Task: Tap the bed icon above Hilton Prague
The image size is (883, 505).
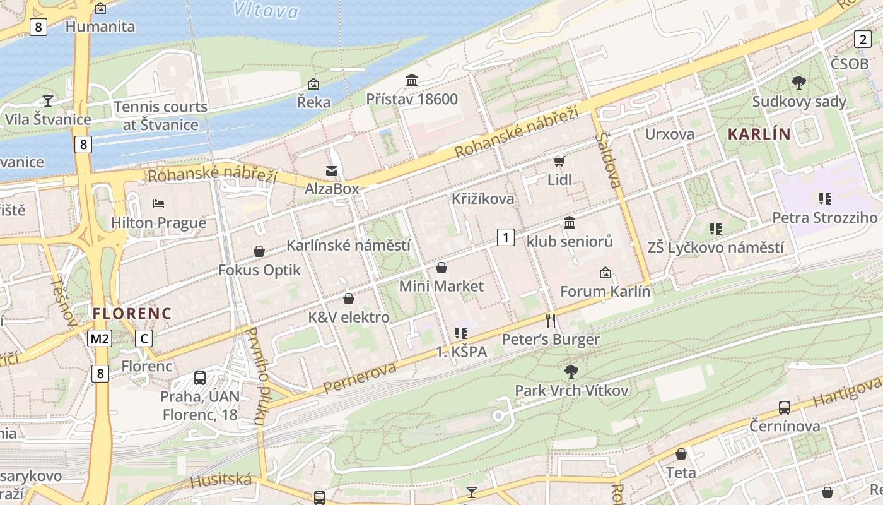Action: click(158, 203)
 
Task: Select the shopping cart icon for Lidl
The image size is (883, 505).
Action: click(559, 161)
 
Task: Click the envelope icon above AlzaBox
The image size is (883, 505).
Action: click(331, 170)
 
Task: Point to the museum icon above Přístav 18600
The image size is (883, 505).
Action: click(412, 80)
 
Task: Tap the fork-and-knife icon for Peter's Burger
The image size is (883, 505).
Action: click(551, 320)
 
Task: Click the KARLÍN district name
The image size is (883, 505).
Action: click(759, 134)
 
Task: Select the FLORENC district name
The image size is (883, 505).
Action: click(131, 313)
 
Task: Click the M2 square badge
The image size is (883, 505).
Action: click(100, 339)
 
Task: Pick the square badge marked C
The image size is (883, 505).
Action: click(144, 339)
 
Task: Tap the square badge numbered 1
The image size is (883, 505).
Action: click(505, 237)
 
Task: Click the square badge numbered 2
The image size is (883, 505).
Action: click(863, 39)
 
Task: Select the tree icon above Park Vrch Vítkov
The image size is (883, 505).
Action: click(571, 371)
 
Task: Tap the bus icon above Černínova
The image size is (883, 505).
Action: click(784, 407)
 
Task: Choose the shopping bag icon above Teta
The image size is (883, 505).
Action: click(681, 454)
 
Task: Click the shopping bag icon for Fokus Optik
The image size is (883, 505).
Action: click(259, 251)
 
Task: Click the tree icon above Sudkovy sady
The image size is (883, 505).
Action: click(798, 82)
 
